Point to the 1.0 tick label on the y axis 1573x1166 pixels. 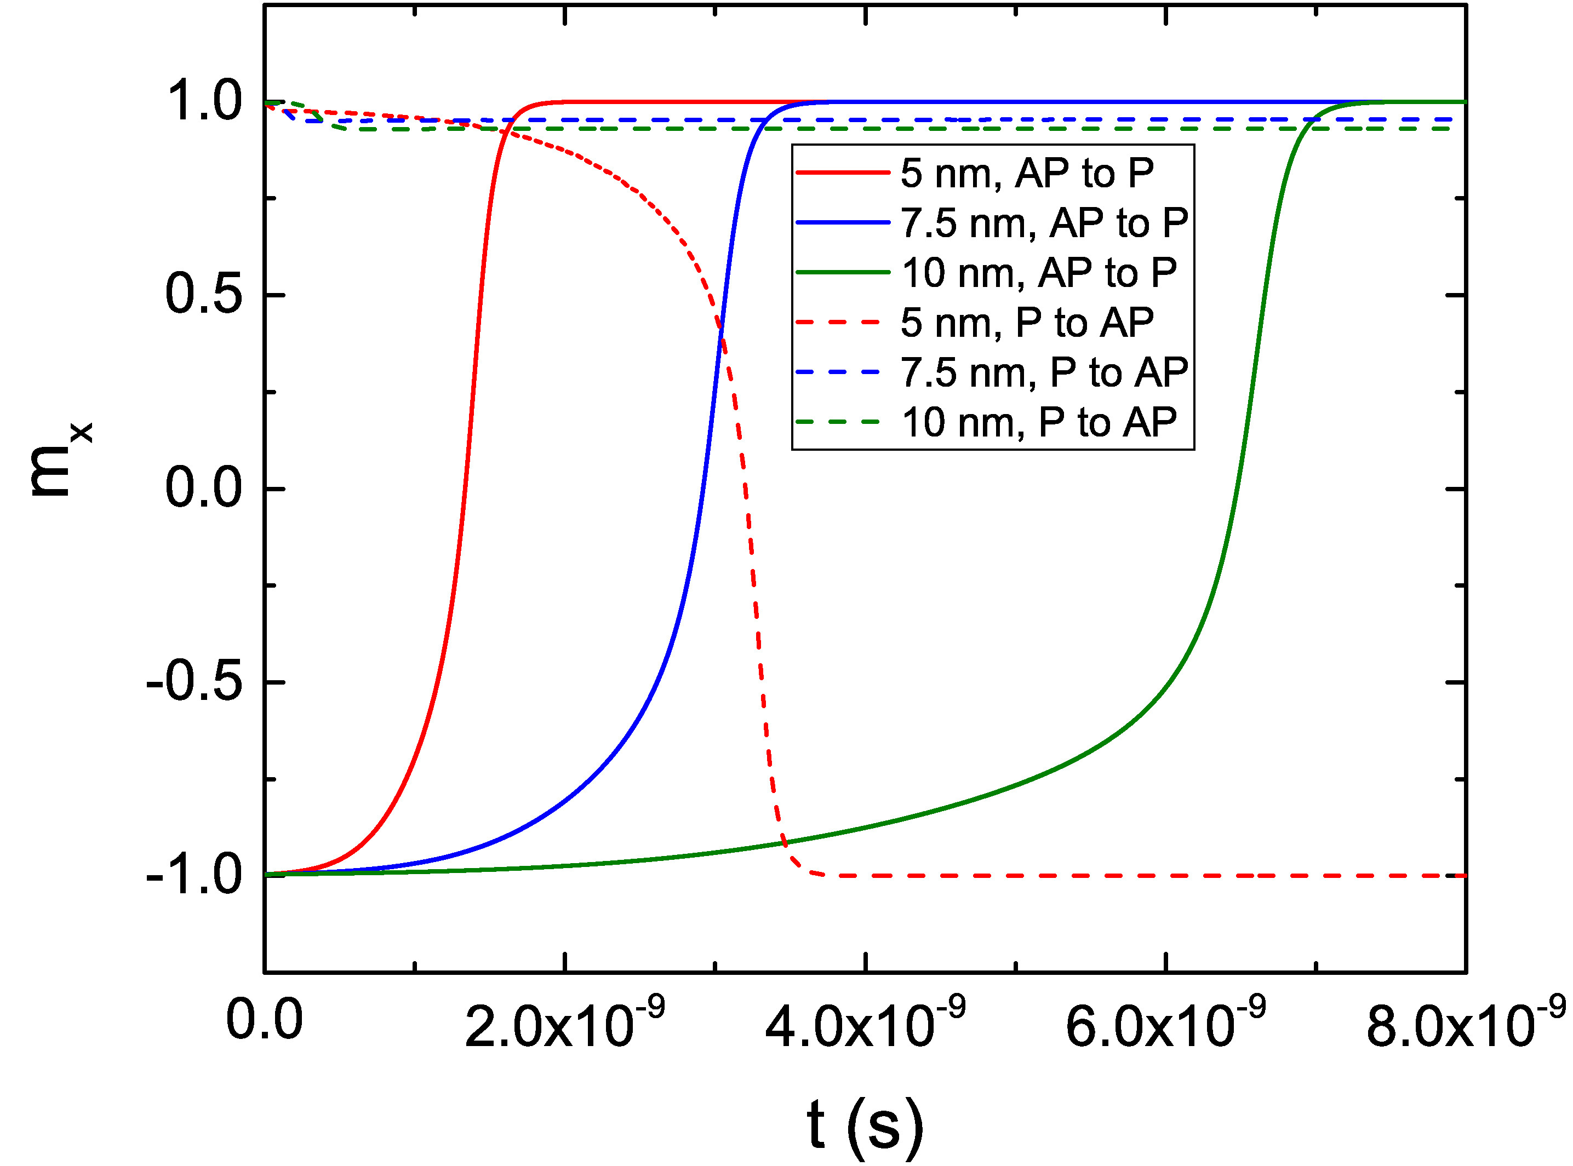pos(204,101)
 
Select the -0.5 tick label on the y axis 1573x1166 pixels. pos(194,682)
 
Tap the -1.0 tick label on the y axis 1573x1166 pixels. pos(194,875)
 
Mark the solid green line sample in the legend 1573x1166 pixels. pos(842,272)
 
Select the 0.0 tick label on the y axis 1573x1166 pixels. pos(204,489)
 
